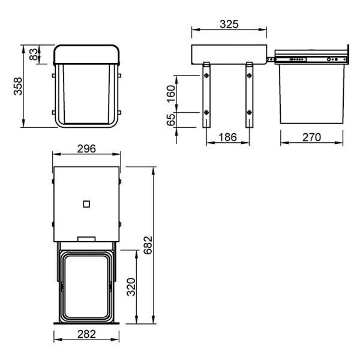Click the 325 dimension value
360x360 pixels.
click(x=229, y=24)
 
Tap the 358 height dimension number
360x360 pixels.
click(x=18, y=86)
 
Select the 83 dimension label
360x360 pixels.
click(x=34, y=54)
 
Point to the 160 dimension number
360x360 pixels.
click(x=171, y=94)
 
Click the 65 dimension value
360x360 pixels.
click(x=171, y=119)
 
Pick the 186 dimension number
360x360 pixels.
click(x=227, y=137)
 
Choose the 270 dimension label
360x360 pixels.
click(x=311, y=137)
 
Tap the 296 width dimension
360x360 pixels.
click(x=86, y=149)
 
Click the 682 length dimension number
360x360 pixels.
click(x=148, y=245)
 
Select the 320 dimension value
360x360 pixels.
click(x=131, y=287)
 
